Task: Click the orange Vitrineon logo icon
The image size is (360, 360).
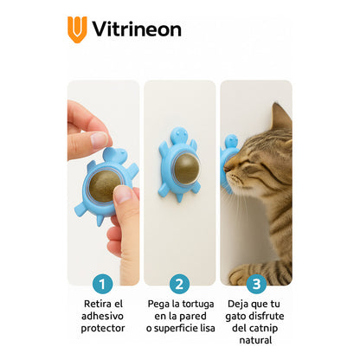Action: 77,29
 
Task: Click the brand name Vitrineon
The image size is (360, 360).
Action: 137,29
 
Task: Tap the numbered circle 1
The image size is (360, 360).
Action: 102,284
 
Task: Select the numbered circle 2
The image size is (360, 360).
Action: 179,284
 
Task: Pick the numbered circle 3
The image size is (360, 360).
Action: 256,284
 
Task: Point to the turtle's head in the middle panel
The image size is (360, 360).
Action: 179,135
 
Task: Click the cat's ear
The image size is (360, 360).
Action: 280,118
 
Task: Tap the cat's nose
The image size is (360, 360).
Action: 227,168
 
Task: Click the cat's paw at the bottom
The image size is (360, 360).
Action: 241,275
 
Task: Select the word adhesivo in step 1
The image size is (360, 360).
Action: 102,316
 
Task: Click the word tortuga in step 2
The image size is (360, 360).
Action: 198,305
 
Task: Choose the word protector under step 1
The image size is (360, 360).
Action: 103,328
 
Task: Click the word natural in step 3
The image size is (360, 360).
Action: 255,340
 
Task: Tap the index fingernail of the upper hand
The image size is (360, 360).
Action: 99,139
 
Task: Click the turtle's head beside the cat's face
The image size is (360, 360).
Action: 231,142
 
